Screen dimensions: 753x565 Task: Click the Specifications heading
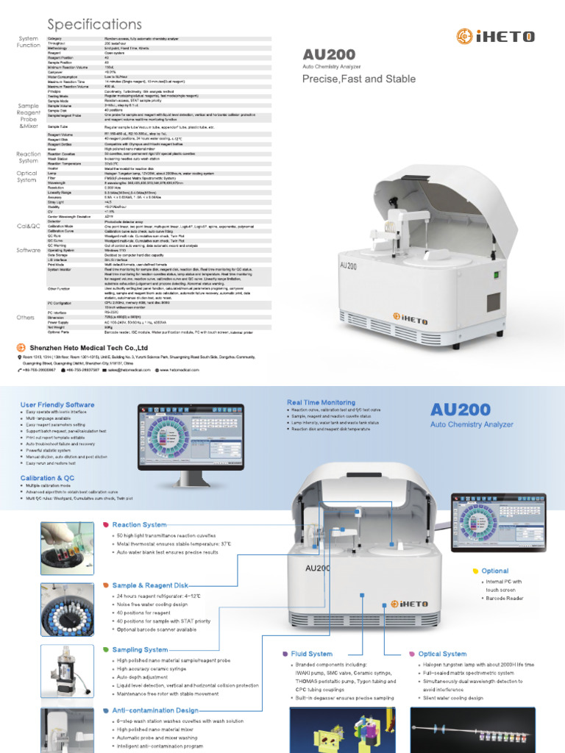(95, 25)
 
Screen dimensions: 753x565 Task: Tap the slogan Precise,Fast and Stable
(360, 79)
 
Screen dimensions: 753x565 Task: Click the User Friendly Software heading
(57, 404)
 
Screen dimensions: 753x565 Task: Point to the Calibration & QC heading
(48, 478)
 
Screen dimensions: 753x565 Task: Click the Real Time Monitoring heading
(321, 403)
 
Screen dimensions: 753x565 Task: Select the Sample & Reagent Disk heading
(146, 585)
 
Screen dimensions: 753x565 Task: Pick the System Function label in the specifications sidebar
(29, 41)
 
